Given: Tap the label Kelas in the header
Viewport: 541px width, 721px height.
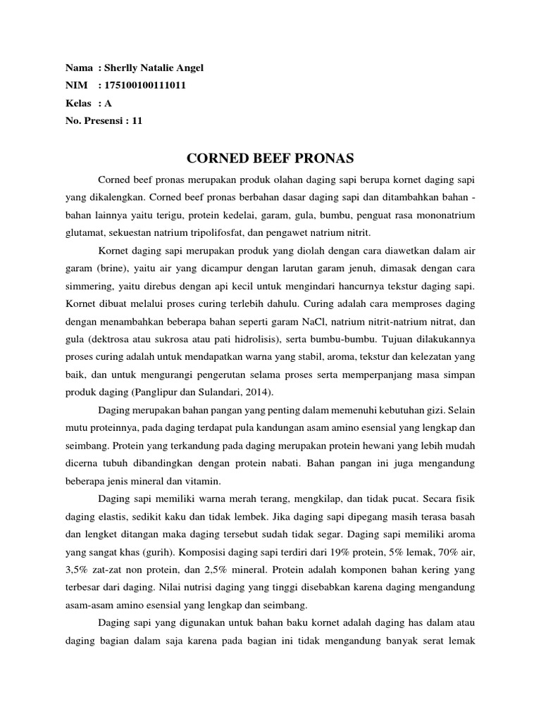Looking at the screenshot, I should coord(78,103).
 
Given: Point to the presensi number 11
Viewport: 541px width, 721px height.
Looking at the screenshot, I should coord(137,120).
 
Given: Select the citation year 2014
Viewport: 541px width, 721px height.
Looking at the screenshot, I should coord(257,392).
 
